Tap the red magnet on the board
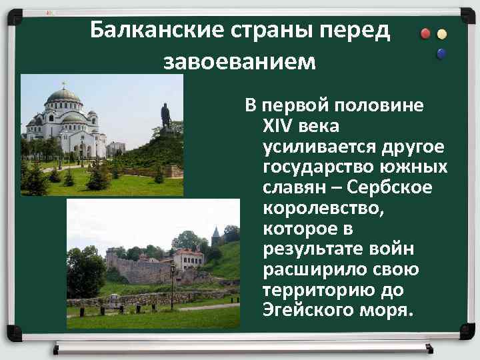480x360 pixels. (425, 34)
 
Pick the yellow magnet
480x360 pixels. (441, 34)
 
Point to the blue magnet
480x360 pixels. (441, 53)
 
